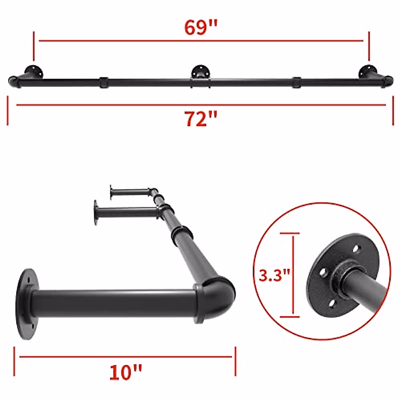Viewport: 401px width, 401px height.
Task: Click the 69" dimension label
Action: pos(200,28)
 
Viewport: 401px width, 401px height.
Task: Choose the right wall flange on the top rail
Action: pos(368,71)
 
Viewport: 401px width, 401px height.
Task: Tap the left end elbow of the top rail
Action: pos(13,81)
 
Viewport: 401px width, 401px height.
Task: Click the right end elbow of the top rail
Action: pos(388,81)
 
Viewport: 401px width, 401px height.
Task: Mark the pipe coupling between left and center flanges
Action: pos(104,82)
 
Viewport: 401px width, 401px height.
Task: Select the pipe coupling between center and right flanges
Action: pos(296,82)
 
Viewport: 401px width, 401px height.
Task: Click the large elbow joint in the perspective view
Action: pos(217,294)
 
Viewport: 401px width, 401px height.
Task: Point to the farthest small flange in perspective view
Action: pos(112,191)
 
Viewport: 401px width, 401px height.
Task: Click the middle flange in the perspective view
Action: pos(96,212)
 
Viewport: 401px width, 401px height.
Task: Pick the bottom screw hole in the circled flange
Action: pos(332,303)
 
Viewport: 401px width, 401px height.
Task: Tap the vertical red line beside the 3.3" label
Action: pos(293,275)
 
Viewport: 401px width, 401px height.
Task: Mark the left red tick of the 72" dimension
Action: pos(8,111)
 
